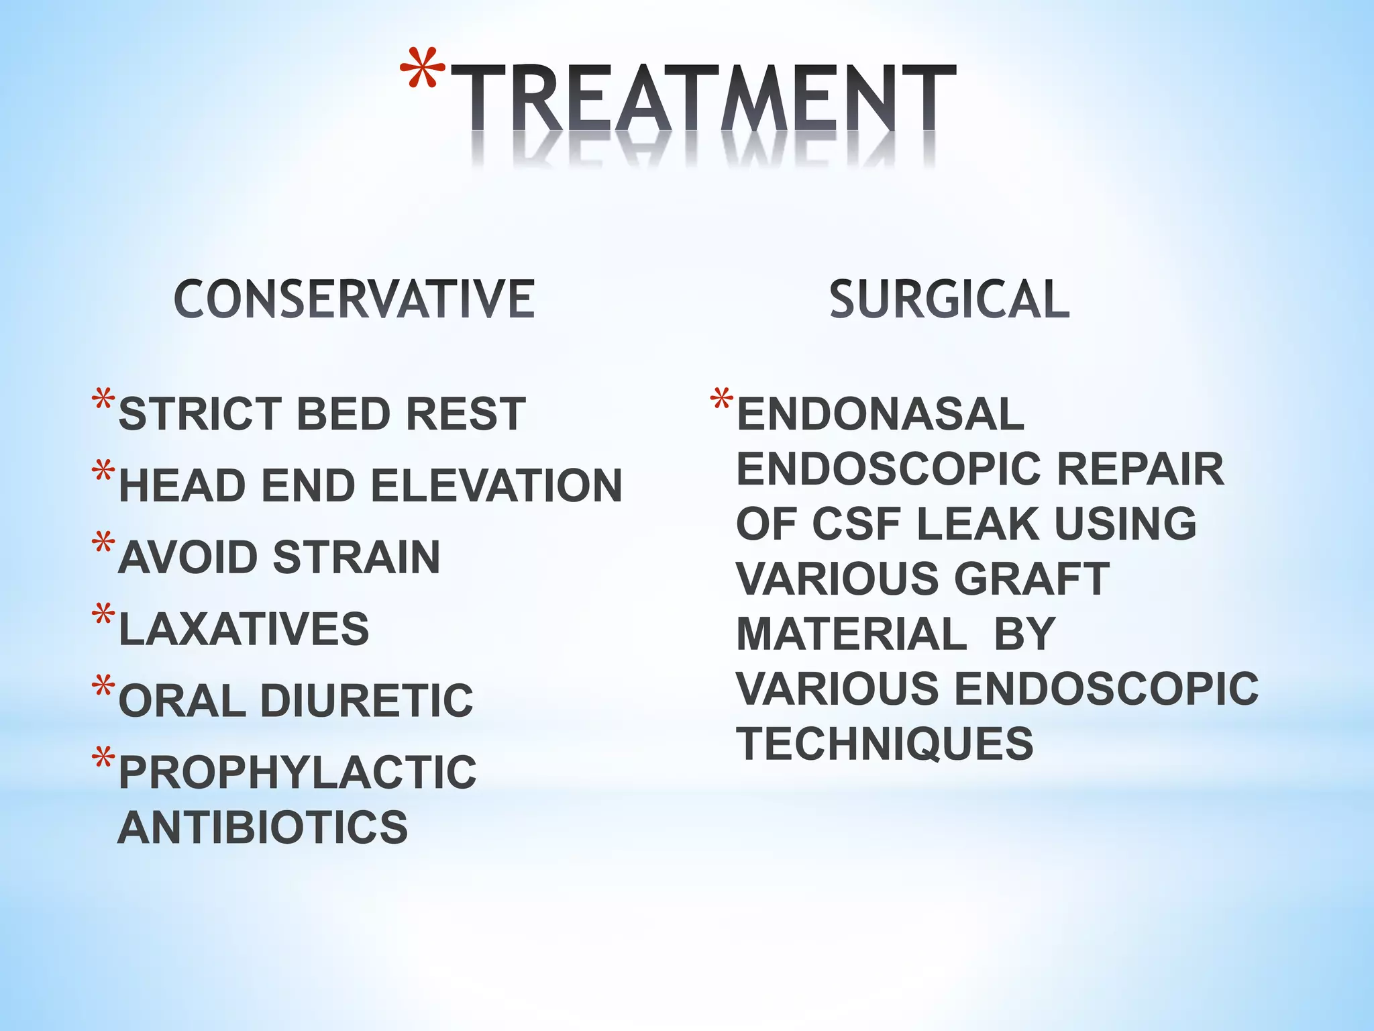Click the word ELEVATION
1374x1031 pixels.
click(497, 485)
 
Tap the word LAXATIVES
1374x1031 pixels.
click(244, 629)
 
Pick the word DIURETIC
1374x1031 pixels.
click(366, 701)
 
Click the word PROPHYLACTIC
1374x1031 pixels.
click(297, 773)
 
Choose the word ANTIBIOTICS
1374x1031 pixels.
click(262, 827)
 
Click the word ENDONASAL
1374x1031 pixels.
click(880, 413)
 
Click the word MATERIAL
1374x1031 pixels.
click(851, 634)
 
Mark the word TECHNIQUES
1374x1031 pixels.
click(885, 744)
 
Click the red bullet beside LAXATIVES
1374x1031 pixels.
click(103, 614)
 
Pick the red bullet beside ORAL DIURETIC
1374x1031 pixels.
click(103, 686)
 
